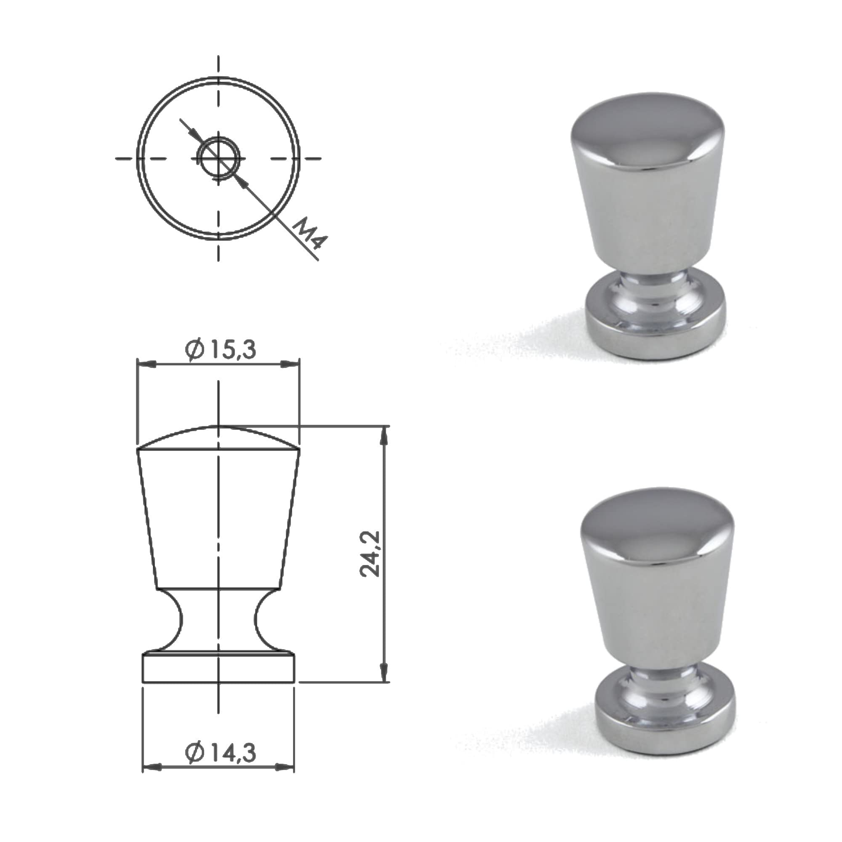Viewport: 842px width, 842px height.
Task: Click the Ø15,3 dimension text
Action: (x=220, y=350)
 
